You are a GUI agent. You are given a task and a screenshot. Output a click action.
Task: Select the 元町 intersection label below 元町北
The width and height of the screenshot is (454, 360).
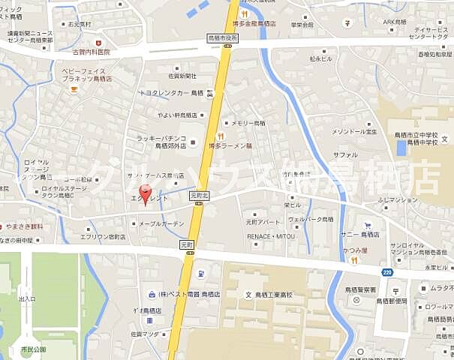point(188,245)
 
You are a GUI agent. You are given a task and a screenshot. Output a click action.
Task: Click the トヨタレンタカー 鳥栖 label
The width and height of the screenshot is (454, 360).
point(170,93)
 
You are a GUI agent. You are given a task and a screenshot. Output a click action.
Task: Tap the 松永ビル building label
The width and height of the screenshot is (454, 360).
point(321,57)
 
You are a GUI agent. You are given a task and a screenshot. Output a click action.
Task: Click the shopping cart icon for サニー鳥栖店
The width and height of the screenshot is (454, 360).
point(368,225)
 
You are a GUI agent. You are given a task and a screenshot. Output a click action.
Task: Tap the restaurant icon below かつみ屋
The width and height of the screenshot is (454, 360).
point(352,260)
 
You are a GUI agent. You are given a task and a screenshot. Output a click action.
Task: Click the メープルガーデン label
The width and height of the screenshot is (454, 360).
point(161,223)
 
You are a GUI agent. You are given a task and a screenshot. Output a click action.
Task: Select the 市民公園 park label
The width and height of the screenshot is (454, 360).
point(34,349)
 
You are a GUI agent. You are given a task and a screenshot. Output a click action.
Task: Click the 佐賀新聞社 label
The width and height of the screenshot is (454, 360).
point(182,76)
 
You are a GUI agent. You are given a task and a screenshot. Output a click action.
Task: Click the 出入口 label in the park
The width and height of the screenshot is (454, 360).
point(27,298)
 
